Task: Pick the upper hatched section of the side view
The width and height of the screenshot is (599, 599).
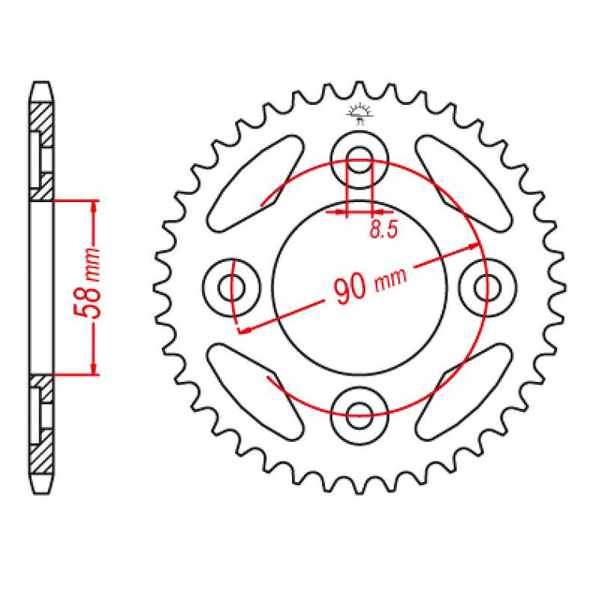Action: pos(41,140)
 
